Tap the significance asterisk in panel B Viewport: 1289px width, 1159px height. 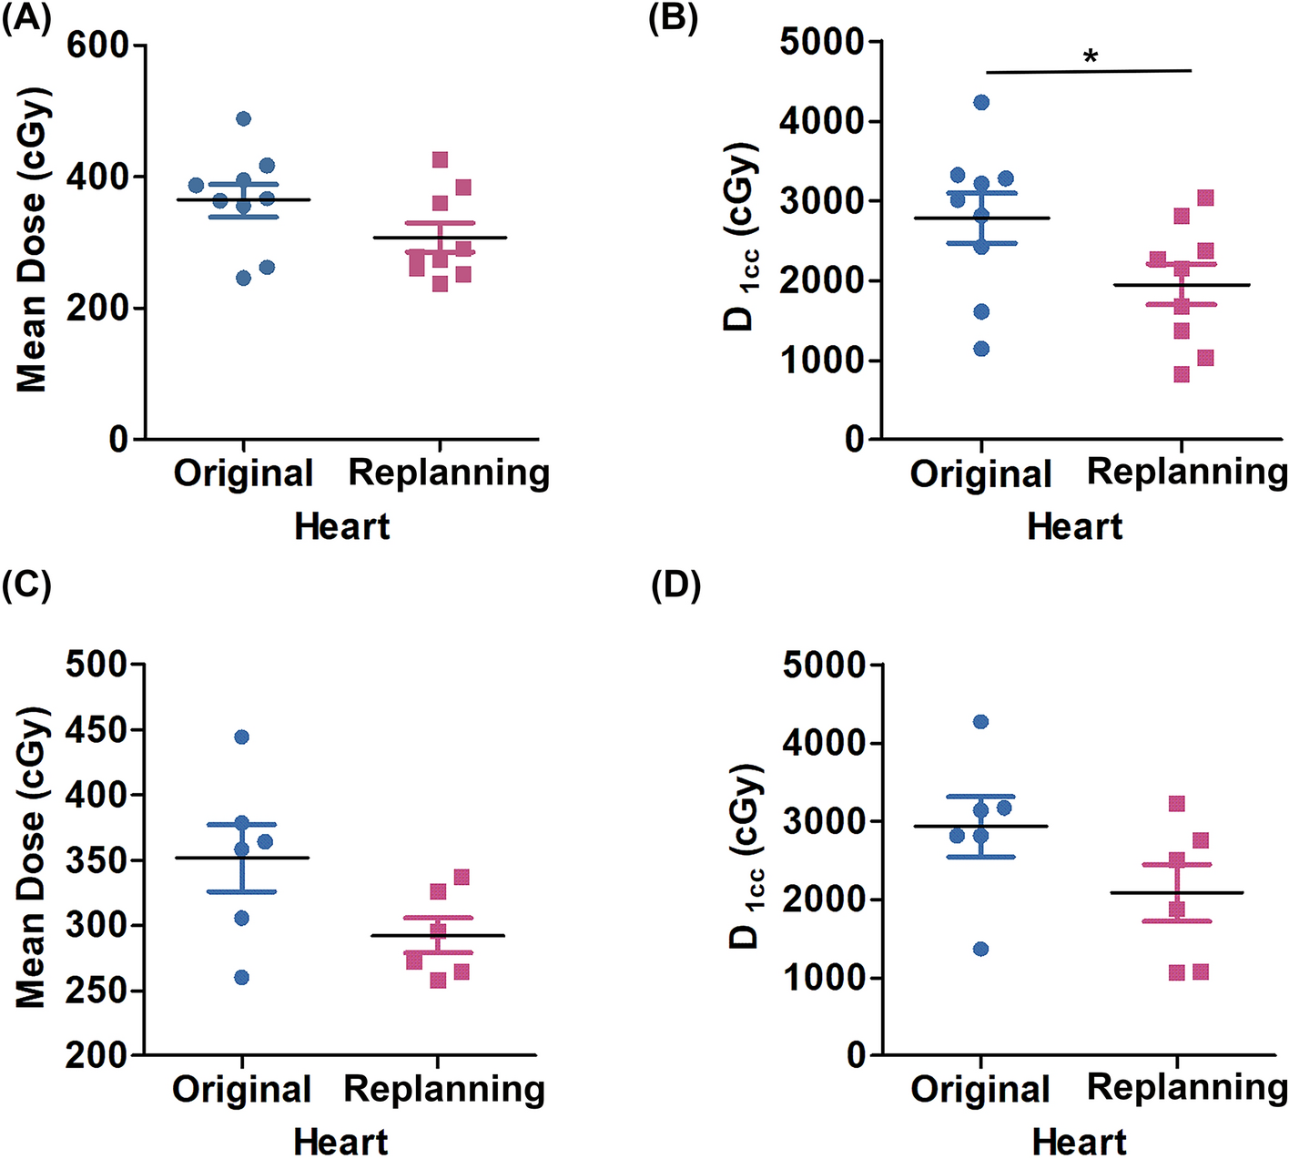coord(1091,57)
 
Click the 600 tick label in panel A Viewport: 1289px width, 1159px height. coord(96,45)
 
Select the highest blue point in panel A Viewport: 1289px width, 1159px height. coord(243,118)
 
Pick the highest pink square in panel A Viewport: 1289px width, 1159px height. coord(441,160)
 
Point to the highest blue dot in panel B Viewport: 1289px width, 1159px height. coord(981,102)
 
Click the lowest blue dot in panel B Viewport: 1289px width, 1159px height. coord(981,349)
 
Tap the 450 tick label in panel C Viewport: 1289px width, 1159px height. coord(96,729)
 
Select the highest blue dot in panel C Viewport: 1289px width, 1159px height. coord(242,737)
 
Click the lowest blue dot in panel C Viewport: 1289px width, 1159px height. coord(242,978)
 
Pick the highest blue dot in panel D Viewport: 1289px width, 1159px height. coord(980,722)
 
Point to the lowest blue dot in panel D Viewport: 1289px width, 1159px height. coord(980,949)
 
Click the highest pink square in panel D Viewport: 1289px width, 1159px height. coord(1176,804)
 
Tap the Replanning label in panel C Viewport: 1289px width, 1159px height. coord(444,1088)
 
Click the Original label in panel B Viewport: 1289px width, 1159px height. coord(980,473)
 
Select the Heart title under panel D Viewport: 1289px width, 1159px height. coord(1079,1141)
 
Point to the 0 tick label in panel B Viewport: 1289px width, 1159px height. coord(854,439)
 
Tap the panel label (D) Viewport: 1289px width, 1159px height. coord(675,586)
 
